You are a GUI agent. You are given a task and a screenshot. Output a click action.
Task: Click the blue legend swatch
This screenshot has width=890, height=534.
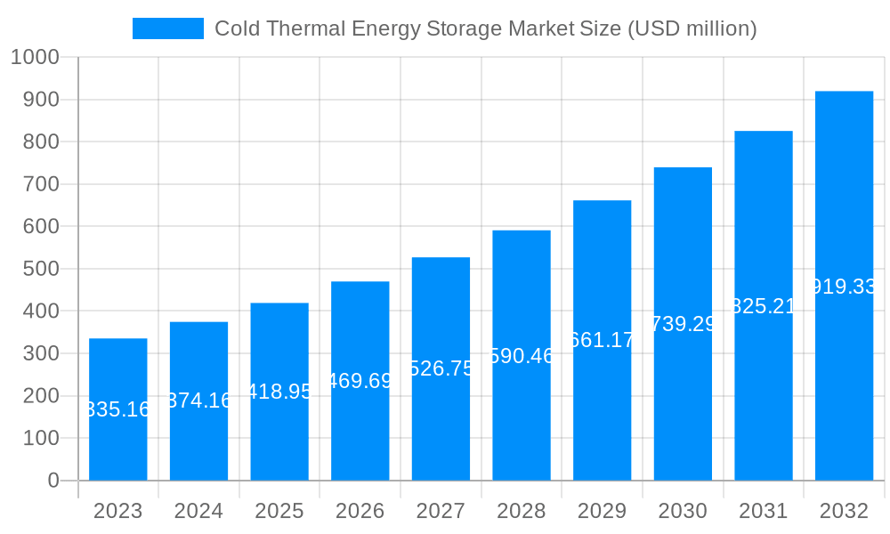point(167,28)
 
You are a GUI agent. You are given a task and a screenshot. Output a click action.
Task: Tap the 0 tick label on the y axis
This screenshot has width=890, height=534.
point(53,481)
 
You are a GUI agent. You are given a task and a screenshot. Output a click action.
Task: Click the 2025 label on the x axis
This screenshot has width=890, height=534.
point(279,511)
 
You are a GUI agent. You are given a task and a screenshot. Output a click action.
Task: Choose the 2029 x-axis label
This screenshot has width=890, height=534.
point(602,511)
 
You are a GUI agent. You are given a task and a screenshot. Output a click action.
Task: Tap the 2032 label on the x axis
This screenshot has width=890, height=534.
point(844,511)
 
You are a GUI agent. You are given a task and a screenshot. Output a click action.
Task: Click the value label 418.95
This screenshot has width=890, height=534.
point(279,392)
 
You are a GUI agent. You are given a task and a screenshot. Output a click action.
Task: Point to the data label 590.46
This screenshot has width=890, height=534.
point(522,356)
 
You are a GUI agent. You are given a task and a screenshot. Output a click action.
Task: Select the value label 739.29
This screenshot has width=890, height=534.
point(683,324)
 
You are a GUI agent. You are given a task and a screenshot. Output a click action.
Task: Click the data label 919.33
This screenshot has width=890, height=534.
point(844,287)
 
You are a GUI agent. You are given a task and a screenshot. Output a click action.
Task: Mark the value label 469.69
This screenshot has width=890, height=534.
point(360,381)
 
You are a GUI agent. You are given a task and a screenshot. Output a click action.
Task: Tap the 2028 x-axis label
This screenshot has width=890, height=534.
point(522,511)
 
